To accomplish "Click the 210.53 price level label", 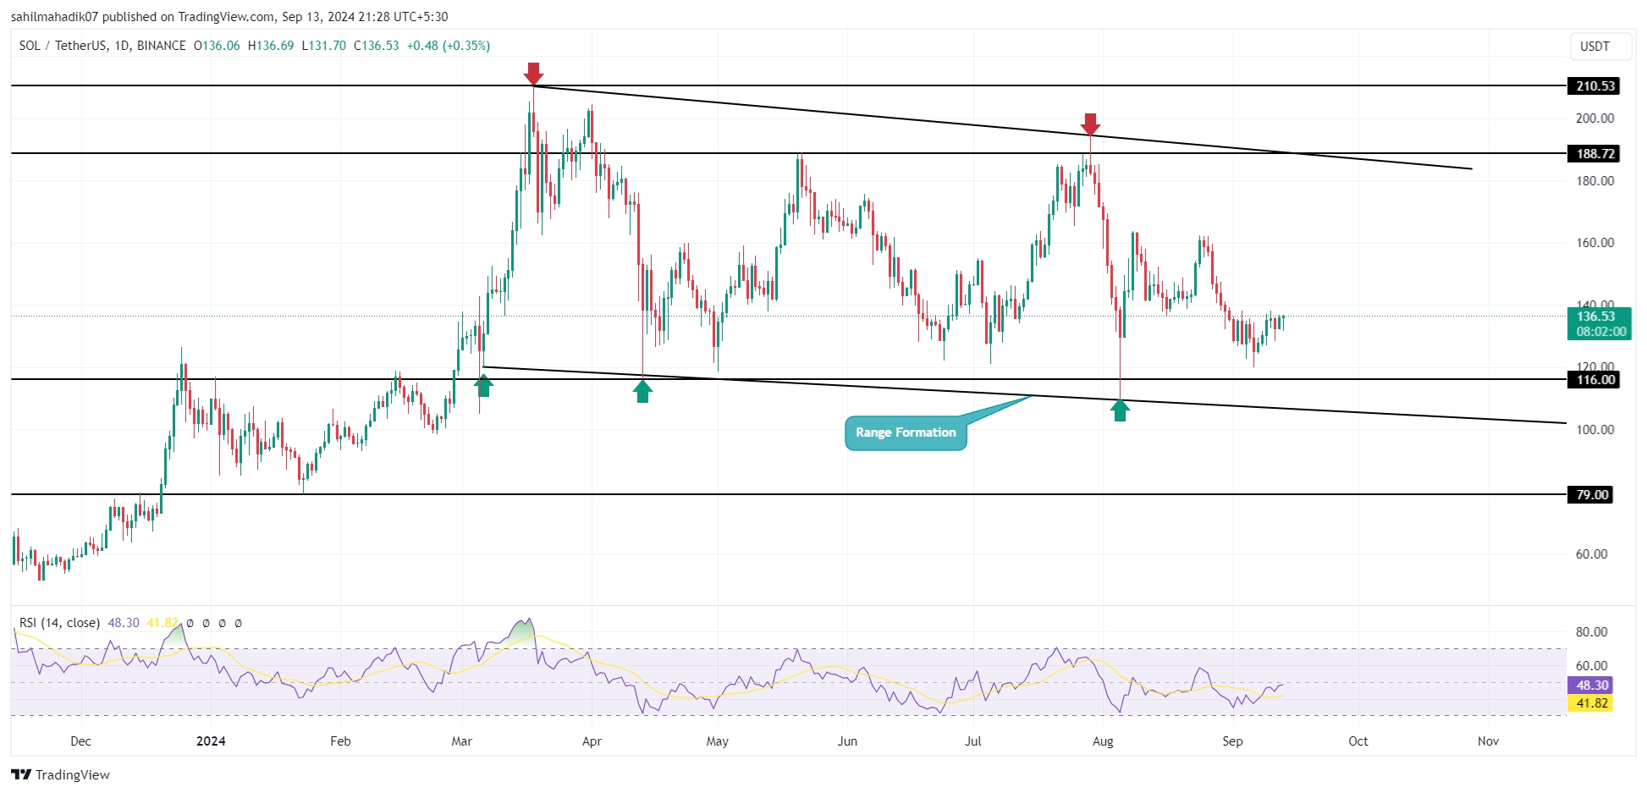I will pyautogui.click(x=1595, y=85).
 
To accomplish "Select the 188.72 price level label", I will pyautogui.click(x=1595, y=153).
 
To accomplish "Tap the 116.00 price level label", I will pyautogui.click(x=1595, y=379).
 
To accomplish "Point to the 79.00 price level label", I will pyautogui.click(x=1591, y=494).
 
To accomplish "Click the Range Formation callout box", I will pyautogui.click(x=906, y=432).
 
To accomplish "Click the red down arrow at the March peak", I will pyautogui.click(x=533, y=74).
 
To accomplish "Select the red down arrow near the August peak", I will pyautogui.click(x=1091, y=124).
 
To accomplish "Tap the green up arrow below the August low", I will pyautogui.click(x=1120, y=410).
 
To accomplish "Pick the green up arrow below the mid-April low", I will pyautogui.click(x=642, y=391).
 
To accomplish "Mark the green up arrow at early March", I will pyautogui.click(x=483, y=385).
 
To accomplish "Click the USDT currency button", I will pyautogui.click(x=1595, y=47).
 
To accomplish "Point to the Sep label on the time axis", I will pyautogui.click(x=1232, y=741).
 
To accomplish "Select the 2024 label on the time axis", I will pyautogui.click(x=211, y=741).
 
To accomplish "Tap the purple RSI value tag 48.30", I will pyautogui.click(x=1591, y=686).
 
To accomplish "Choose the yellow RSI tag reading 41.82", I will pyautogui.click(x=1591, y=703).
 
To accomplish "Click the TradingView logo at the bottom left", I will pyautogui.click(x=61, y=774).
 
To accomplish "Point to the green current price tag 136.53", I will pyautogui.click(x=1598, y=323).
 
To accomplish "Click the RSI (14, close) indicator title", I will pyautogui.click(x=59, y=623).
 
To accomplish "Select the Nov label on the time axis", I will pyautogui.click(x=1488, y=741).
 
